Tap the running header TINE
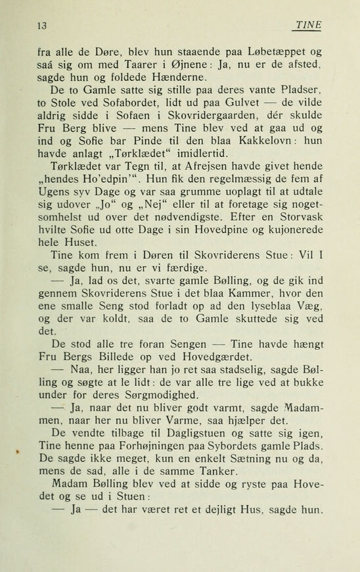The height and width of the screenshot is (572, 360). pyautogui.click(x=309, y=25)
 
